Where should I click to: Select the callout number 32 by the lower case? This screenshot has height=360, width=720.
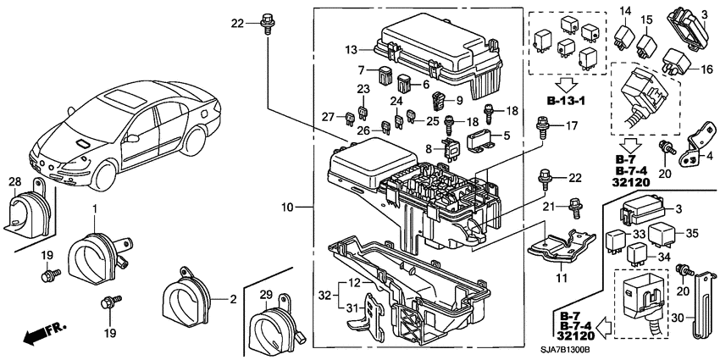point(323,294)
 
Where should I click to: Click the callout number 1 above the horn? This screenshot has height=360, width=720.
point(94,208)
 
